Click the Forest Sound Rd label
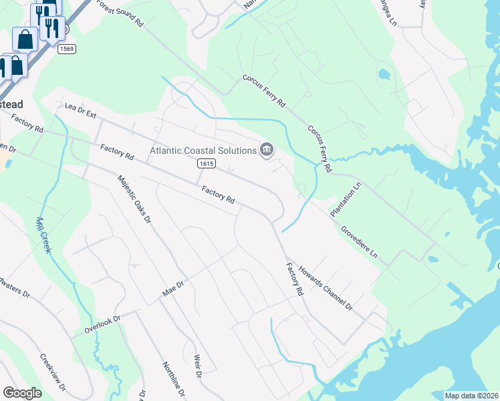120,13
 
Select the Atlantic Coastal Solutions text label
203,151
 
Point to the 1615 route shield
206,164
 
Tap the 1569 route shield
66,49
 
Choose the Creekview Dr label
53,372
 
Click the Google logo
22,393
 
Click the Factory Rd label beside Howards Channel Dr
295,280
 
